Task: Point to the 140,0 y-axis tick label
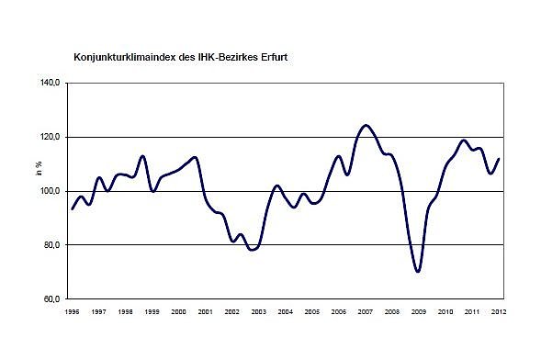(51, 83)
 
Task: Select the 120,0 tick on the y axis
(51, 137)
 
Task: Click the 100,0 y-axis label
(51, 191)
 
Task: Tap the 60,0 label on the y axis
(52, 299)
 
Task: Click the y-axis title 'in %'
(39, 168)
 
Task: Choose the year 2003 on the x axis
(258, 313)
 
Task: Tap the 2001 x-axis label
(205, 313)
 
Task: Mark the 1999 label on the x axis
(152, 313)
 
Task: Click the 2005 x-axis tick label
(311, 313)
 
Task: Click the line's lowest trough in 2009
(418, 272)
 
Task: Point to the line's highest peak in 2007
(366, 125)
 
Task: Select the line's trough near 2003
(252, 249)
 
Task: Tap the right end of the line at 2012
(498, 159)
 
